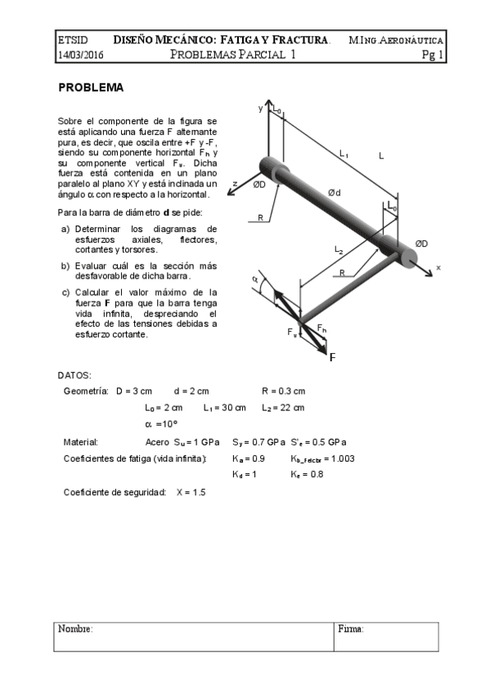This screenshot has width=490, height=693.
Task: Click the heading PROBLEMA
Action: click(90, 87)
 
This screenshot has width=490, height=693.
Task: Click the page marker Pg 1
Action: click(432, 56)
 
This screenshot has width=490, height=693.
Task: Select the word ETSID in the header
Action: click(72, 39)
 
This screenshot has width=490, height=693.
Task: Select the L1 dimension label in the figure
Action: click(344, 153)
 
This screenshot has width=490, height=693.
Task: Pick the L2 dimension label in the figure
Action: click(339, 248)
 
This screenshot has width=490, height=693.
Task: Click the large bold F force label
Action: click(332, 357)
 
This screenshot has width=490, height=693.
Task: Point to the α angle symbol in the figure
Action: click(254, 279)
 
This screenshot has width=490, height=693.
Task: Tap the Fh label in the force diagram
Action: click(321, 329)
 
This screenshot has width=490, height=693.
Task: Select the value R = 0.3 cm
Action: click(284, 391)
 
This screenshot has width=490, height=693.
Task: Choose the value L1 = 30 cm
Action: click(224, 408)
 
